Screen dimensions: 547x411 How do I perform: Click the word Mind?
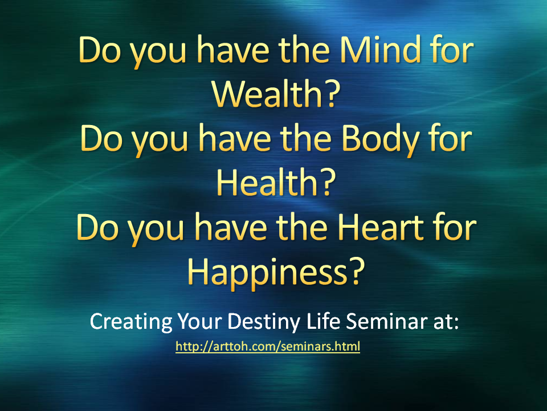pyautogui.click(x=380, y=50)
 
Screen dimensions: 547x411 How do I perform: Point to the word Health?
pyautogui.click(x=267, y=183)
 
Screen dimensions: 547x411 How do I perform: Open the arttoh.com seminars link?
pyautogui.click(x=268, y=346)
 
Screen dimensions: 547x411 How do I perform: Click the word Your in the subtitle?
pyautogui.click(x=199, y=321)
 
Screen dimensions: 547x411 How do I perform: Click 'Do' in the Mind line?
pyautogui.click(x=100, y=50)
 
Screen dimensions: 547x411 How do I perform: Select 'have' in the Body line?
pyautogui.click(x=235, y=139)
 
